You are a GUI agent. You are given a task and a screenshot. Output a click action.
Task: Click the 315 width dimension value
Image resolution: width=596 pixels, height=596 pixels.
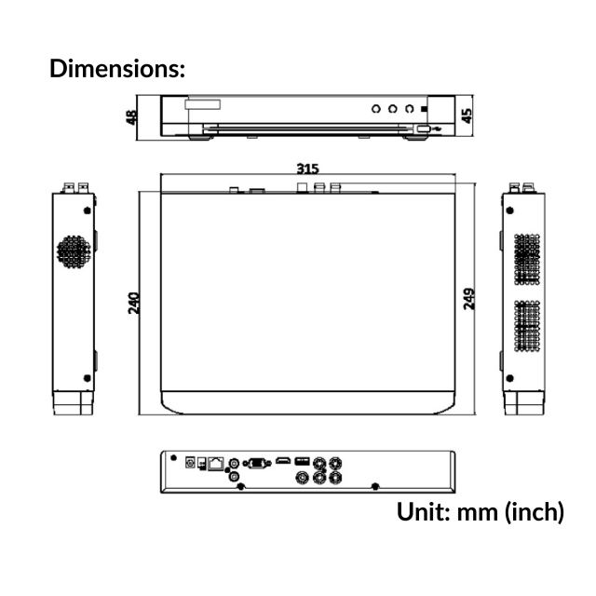307,169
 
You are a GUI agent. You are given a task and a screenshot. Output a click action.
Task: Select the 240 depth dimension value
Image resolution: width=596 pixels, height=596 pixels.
134,303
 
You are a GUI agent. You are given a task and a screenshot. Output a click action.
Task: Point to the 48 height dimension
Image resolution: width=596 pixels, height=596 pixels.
132,116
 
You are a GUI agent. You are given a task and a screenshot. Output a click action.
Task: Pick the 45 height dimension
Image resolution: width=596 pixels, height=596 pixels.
467,115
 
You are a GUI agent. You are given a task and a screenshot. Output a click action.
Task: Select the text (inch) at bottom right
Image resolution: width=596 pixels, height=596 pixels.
535,511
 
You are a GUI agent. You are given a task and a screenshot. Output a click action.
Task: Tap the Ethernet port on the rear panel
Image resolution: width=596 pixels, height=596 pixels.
216,462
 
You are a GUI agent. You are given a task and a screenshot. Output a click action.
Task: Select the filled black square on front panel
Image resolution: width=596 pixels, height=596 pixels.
424,108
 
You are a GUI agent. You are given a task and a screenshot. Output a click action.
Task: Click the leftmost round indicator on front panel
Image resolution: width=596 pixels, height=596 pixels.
376,108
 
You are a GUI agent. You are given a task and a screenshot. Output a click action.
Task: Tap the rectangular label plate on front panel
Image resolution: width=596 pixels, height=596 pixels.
204,105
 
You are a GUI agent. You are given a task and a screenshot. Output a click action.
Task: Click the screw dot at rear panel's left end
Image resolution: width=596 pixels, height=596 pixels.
171,456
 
